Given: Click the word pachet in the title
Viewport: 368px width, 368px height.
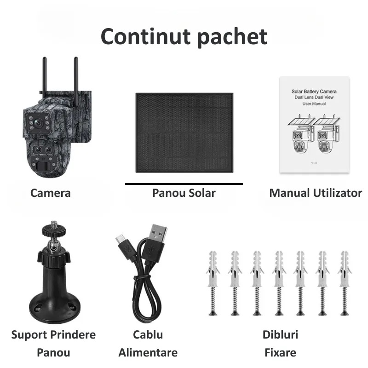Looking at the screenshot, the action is [x=232, y=37].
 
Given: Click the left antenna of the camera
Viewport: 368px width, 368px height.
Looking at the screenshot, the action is [x=44, y=77].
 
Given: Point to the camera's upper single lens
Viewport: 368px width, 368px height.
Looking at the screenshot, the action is [x=37, y=122].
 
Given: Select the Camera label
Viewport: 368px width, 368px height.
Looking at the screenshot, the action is [x=51, y=193].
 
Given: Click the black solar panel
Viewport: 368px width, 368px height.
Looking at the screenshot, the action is [x=184, y=133].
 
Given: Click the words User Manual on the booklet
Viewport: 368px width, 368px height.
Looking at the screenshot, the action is [x=314, y=103].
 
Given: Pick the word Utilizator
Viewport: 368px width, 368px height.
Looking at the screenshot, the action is [x=337, y=193].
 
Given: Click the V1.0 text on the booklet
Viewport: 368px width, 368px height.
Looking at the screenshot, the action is [x=314, y=163].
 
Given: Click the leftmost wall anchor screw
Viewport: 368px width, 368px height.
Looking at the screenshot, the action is [x=213, y=283].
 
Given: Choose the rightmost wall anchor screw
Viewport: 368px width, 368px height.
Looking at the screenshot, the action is [x=345, y=283].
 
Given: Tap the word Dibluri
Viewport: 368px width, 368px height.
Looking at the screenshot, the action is [x=280, y=334].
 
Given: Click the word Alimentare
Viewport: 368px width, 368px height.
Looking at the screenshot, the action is [x=148, y=352].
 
